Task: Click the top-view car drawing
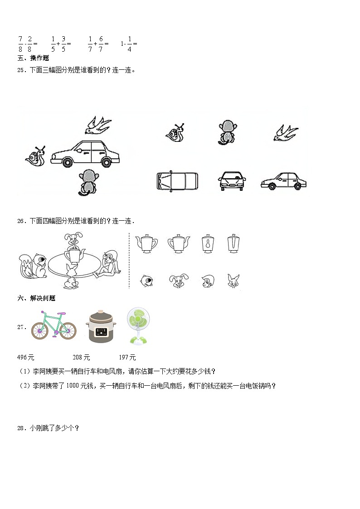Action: click(177, 180)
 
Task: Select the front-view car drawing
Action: click(232, 181)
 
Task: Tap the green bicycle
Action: click(54, 325)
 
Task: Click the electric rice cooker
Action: click(101, 327)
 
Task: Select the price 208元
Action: click(81, 357)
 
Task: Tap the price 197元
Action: click(127, 357)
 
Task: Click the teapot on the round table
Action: click(74, 255)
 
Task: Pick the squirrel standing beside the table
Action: click(33, 266)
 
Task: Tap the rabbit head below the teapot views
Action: click(234, 281)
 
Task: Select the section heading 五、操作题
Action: click(33, 58)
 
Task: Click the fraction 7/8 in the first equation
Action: click(20, 44)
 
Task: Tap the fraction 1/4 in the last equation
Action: click(129, 44)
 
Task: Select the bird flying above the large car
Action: click(98, 125)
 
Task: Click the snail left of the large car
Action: click(36, 156)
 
